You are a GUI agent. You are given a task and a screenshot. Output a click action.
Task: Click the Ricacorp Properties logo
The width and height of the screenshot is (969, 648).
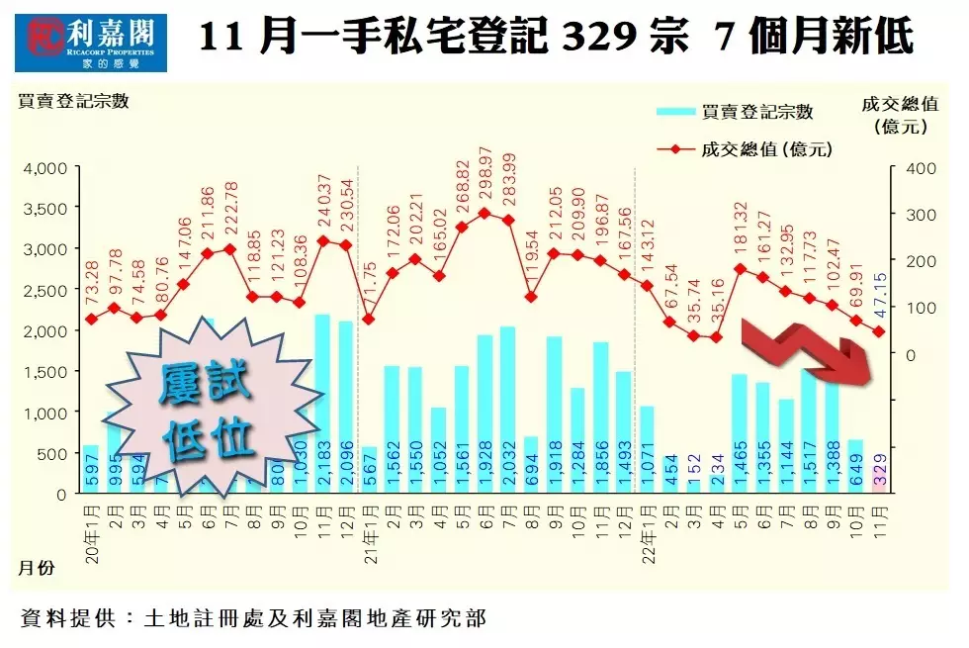click(91, 39)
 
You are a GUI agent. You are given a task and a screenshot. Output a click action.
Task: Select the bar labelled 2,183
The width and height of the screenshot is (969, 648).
click(322, 406)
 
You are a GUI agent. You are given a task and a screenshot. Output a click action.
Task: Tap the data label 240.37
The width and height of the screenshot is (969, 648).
click(322, 203)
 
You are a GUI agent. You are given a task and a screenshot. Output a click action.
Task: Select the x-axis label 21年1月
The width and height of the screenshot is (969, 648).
click(369, 532)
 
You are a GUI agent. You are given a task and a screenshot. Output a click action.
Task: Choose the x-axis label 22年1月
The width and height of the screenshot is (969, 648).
click(647, 532)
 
